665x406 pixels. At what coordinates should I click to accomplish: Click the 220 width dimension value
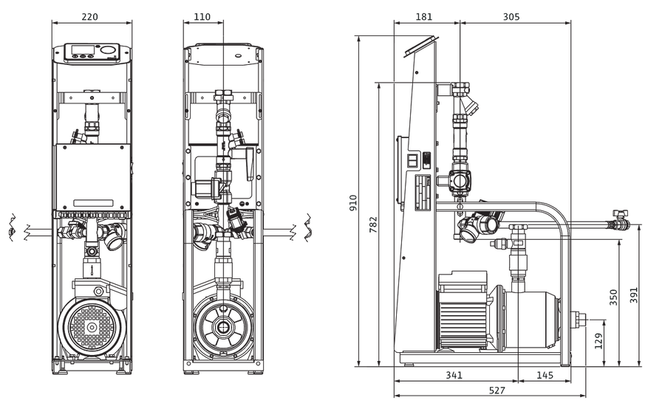click(89, 16)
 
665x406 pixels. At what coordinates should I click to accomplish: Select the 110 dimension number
click(202, 16)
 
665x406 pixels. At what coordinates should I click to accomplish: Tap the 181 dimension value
click(423, 16)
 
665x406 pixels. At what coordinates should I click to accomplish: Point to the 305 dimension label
click(511, 16)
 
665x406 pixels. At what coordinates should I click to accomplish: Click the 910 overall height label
click(353, 202)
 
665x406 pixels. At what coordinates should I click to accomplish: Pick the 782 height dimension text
click(373, 224)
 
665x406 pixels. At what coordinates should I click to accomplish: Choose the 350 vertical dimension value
click(613, 297)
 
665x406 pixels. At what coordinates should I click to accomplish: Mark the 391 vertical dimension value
click(634, 295)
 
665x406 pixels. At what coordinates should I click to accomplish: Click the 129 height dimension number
click(598, 341)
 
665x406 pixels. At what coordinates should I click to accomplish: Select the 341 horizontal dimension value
click(454, 375)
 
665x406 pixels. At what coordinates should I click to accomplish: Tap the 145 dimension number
click(545, 375)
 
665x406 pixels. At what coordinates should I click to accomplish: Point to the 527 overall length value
click(497, 390)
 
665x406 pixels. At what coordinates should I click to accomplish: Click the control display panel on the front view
click(91, 52)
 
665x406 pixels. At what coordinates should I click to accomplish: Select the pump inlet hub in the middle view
click(222, 327)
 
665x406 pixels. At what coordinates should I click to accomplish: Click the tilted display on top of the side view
click(420, 45)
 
